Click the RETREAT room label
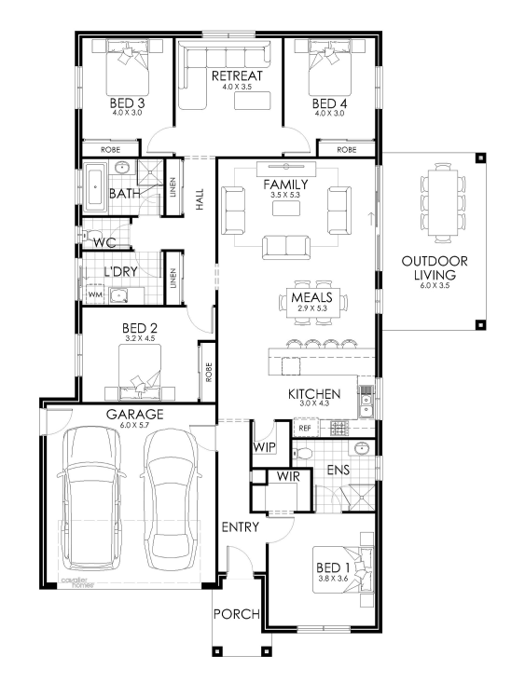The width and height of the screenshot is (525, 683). click(x=237, y=75)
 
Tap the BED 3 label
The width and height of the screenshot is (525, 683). click(x=127, y=103)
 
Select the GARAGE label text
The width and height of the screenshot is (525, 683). click(x=134, y=414)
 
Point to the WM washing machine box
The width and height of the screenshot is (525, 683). click(x=95, y=294)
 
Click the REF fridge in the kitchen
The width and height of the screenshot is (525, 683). click(x=305, y=429)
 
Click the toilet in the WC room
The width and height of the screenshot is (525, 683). click(x=90, y=236)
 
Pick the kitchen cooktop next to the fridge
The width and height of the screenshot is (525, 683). click(x=338, y=429)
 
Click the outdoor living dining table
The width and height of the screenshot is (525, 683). click(x=443, y=202)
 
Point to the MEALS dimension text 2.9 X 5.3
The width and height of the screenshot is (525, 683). click(x=312, y=308)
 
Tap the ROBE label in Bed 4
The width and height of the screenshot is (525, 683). click(x=347, y=150)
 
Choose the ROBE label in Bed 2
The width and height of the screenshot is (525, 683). click(x=209, y=373)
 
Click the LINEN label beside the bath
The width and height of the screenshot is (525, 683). click(x=173, y=187)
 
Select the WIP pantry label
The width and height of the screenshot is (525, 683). click(x=264, y=447)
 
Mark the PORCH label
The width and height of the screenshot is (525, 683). click(x=237, y=614)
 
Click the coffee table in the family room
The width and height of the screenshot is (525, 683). click(x=286, y=208)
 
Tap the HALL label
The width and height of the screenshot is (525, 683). click(x=200, y=199)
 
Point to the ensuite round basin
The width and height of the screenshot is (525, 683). click(x=362, y=448)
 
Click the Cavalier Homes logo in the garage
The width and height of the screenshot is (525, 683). click(x=75, y=582)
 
